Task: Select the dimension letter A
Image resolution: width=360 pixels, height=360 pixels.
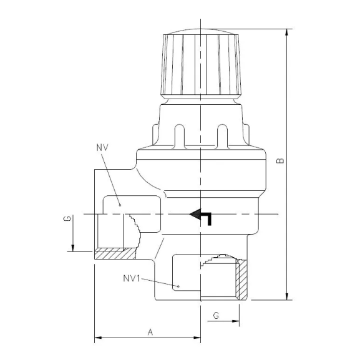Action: click(150, 332)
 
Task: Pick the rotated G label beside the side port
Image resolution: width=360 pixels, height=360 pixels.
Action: click(66, 220)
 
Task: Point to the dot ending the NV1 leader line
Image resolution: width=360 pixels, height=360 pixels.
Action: click(179, 287)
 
